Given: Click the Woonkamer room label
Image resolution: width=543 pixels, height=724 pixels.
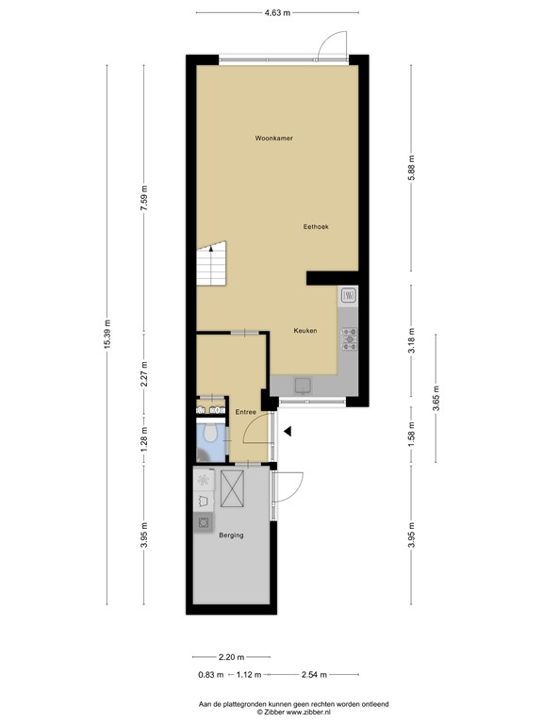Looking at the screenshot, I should tap(273, 139).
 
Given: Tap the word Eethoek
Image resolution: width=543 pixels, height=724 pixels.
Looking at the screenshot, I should tap(315, 227).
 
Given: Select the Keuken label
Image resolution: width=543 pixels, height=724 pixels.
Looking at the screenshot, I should tap(304, 331).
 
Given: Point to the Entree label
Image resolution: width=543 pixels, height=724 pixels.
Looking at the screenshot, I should tap(246, 412).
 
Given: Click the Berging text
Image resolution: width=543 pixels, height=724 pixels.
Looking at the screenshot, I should tap(231, 535).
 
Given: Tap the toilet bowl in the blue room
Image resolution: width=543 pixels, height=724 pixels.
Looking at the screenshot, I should tap(212, 434).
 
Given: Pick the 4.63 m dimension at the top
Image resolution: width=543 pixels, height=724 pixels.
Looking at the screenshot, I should tap(277, 12).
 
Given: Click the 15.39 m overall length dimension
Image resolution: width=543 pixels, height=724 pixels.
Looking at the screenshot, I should tap(107, 335).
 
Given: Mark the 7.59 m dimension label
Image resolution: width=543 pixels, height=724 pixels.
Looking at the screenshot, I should tap(143, 198).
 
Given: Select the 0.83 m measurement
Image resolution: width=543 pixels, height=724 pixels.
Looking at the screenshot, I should tap(210, 674).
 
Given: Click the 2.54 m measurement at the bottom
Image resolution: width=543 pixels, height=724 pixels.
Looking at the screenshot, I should tap(313, 674).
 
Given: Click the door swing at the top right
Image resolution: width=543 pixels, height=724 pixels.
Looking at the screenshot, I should tap(331, 44).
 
